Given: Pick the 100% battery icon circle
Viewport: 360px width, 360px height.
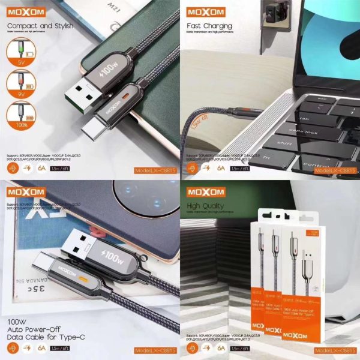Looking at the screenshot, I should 19,118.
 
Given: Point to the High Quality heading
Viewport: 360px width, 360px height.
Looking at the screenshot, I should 205,206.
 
